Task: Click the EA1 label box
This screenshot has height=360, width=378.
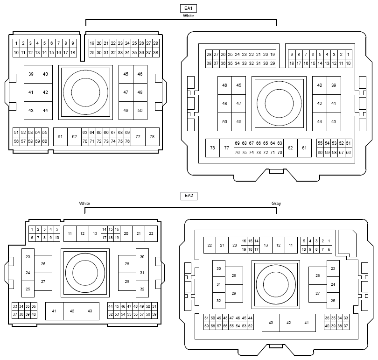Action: [188, 8]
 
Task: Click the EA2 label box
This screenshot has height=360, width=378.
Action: [189, 196]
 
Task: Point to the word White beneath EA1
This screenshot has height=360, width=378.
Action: [188, 16]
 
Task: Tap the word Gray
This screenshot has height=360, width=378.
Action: [276, 203]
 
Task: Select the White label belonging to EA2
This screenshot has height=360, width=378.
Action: [84, 203]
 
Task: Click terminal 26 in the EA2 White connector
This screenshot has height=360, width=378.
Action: [43, 264]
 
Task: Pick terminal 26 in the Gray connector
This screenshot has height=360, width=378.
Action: [318, 275]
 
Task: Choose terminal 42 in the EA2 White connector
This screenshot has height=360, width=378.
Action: [72, 311]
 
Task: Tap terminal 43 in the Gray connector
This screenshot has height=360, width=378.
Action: [271, 323]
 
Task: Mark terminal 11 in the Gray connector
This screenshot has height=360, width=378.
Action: [291, 245]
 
